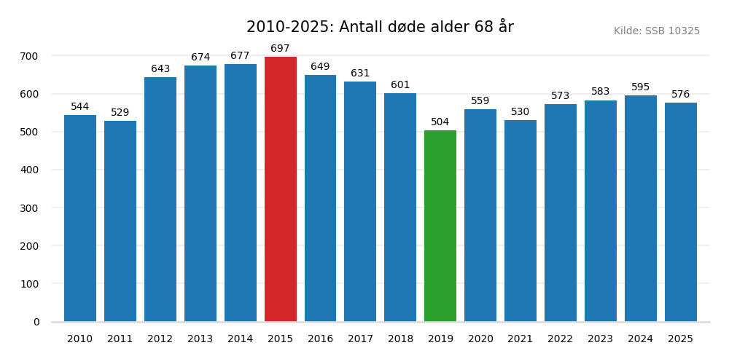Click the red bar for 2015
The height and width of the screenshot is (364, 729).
point(281,189)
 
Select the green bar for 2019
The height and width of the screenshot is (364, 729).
point(440,226)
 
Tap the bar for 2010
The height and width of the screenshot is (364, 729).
point(80,218)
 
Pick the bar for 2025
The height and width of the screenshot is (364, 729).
point(680,212)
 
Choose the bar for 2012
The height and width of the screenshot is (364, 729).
point(160,199)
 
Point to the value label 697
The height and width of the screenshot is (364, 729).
point(281,49)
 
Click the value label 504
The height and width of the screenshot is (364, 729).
point(440,122)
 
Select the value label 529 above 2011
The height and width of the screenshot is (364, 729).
point(120,113)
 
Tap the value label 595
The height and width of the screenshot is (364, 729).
point(640,87)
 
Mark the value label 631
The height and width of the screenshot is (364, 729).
point(360,74)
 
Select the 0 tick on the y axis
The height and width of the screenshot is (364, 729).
point(36,322)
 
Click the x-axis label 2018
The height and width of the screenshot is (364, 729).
point(400,339)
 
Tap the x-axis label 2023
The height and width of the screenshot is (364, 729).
point(600,339)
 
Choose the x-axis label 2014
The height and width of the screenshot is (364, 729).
point(241,339)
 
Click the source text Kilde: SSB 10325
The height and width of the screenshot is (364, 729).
point(656,31)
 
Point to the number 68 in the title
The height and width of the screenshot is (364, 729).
point(483,28)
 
